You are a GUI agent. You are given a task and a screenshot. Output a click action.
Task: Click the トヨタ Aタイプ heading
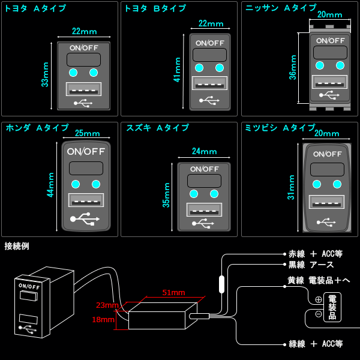(x=35, y=8)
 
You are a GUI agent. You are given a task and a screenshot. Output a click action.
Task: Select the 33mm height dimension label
(x=45, y=75)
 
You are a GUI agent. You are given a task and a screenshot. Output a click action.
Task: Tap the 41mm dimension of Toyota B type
(x=177, y=70)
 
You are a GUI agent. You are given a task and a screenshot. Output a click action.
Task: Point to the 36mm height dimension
(x=293, y=67)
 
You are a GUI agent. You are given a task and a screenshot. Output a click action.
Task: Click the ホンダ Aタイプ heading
(x=37, y=128)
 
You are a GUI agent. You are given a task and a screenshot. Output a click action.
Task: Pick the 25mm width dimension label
(x=87, y=133)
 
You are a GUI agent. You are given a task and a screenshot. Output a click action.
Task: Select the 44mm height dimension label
(x=51, y=185)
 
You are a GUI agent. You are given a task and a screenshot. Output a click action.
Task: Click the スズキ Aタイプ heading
(x=157, y=128)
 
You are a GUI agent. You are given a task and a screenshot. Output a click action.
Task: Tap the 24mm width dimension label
(x=204, y=152)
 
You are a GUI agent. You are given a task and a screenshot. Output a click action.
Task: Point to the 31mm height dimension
(x=292, y=187)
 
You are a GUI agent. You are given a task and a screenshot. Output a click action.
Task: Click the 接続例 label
(x=17, y=246)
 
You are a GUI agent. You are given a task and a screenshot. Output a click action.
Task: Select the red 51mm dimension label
(x=173, y=292)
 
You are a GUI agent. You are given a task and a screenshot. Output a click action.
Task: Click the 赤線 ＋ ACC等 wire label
(x=316, y=254)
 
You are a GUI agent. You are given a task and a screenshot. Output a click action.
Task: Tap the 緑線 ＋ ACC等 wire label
(x=316, y=344)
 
